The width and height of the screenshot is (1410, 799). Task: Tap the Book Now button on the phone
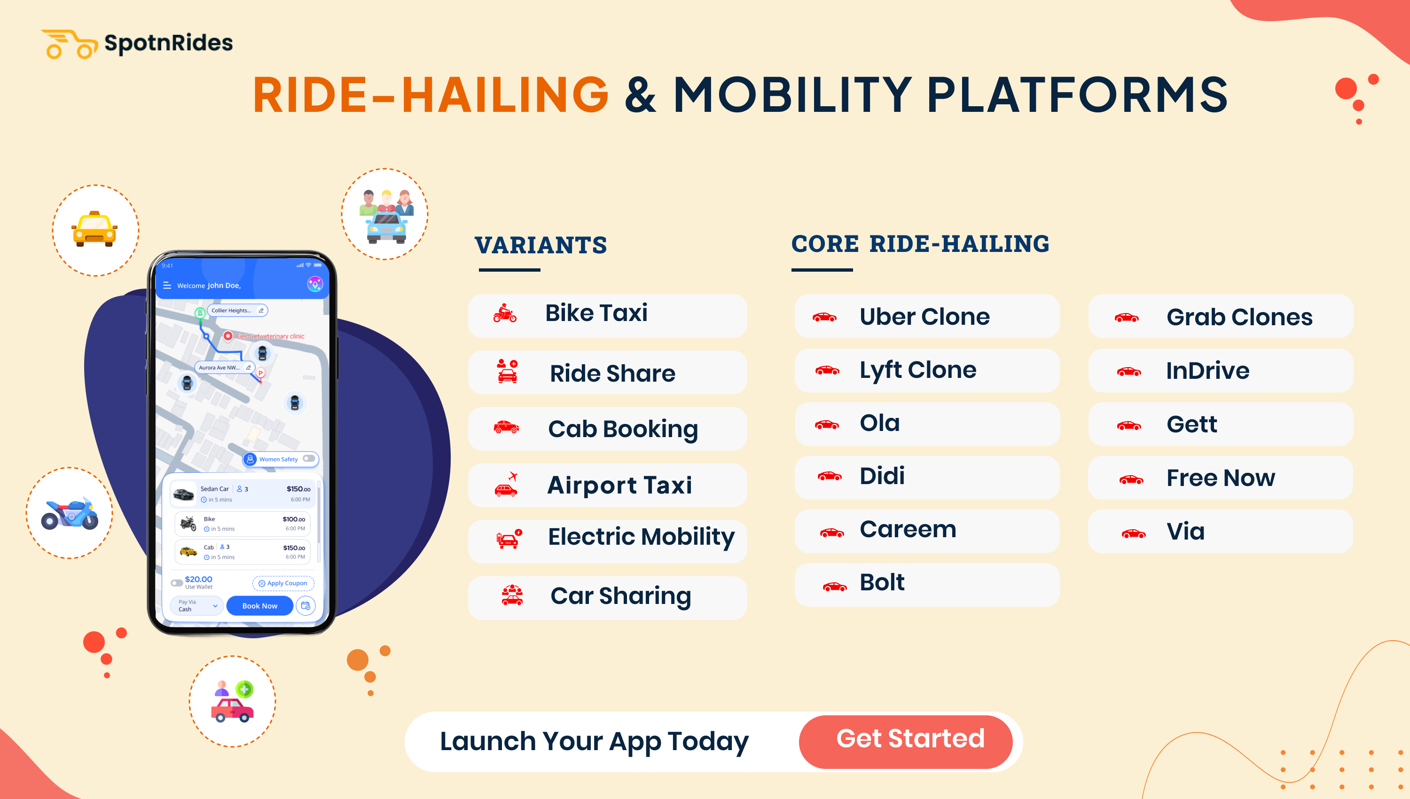259,606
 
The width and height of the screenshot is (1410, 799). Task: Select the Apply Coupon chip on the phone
283,583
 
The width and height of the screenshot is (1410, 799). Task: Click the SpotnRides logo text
168,43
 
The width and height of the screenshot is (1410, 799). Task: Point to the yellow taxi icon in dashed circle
94,229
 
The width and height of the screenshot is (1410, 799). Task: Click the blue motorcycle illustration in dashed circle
70,514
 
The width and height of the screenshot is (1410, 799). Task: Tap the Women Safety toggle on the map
309,459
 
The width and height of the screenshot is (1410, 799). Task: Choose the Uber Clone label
924,317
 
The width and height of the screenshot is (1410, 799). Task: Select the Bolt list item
881,583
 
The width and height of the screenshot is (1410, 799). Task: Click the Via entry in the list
1185,532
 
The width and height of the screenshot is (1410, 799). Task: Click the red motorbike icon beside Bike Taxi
505,314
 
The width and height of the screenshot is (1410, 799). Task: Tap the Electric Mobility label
641,537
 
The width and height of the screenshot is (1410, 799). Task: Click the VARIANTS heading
540,245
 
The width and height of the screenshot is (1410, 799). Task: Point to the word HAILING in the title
505,95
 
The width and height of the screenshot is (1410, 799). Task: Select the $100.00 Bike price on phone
294,519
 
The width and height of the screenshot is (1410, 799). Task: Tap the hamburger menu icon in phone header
167,285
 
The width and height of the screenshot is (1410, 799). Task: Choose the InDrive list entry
1207,371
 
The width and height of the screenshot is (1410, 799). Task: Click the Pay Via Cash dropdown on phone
196,606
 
